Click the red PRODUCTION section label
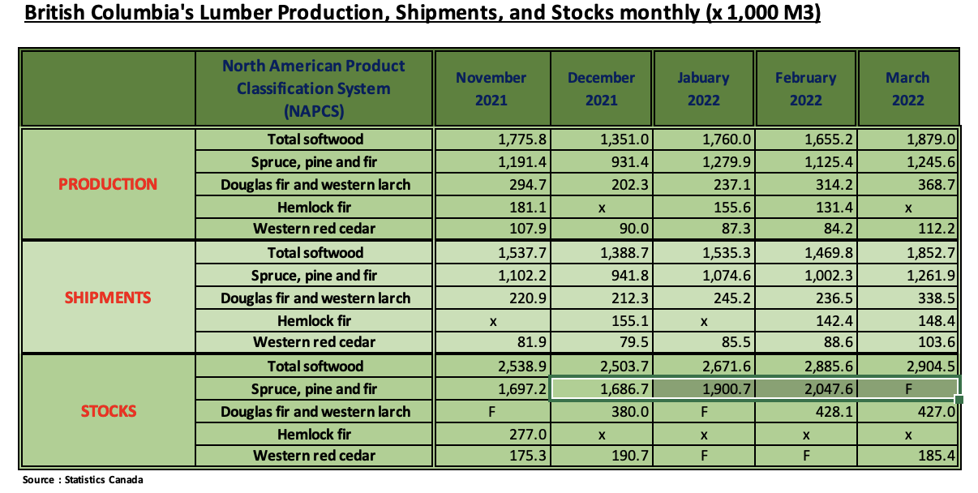(x=108, y=184)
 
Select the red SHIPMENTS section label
(x=108, y=298)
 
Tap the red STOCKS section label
(x=108, y=411)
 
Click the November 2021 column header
(x=491, y=89)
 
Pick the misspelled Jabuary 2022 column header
(x=703, y=89)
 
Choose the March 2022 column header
(x=907, y=89)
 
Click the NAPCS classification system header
(x=314, y=88)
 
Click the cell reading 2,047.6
(x=830, y=389)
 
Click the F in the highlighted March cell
(x=908, y=389)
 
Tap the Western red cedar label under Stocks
(x=315, y=457)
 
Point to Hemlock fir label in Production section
(x=315, y=207)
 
